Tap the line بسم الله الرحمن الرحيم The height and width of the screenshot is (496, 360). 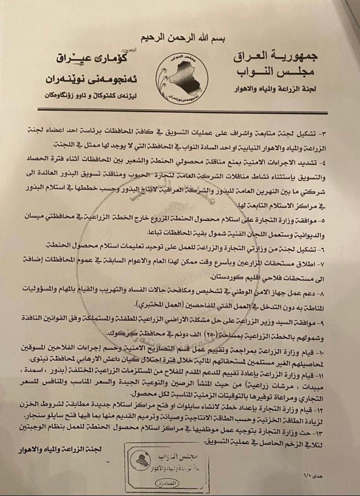(x=180, y=38)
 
